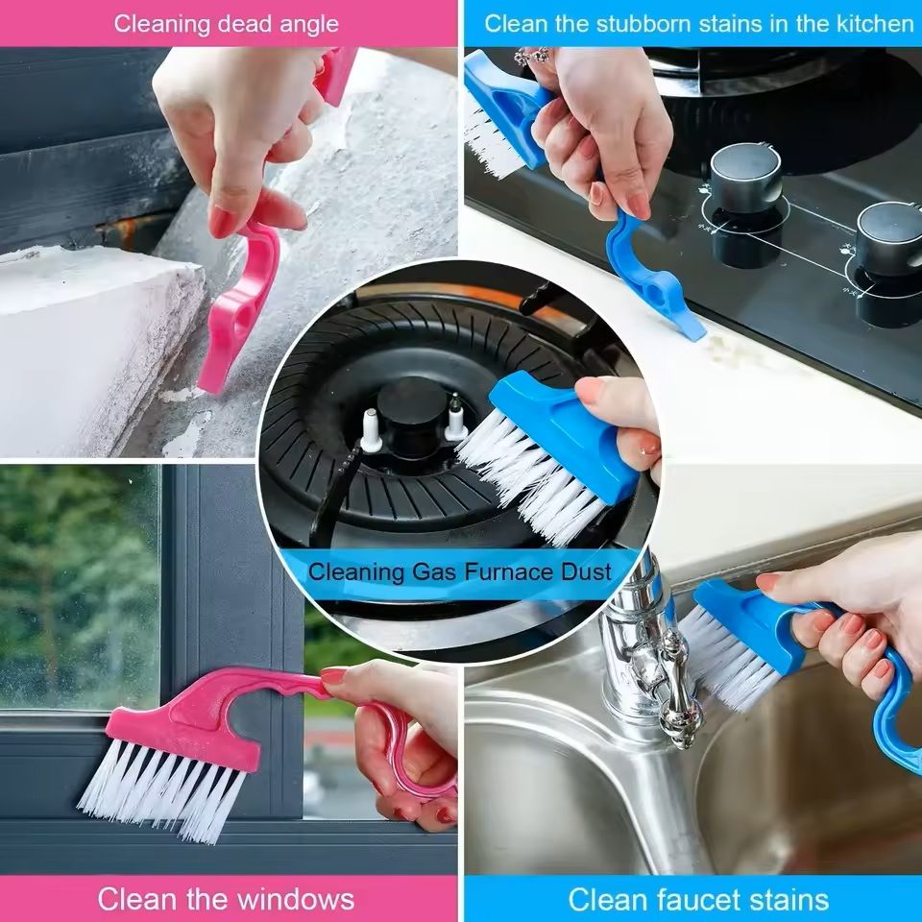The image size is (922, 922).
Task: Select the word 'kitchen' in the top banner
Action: point(869,23)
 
